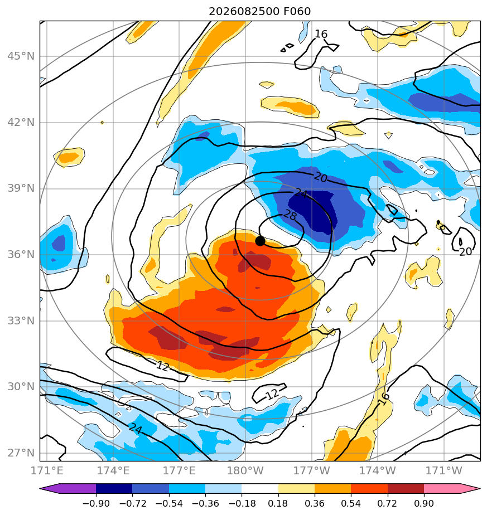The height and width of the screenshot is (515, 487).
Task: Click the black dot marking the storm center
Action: coord(260,241)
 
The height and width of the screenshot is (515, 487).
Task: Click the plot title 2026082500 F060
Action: coord(260,12)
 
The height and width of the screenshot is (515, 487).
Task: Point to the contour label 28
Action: coord(290,216)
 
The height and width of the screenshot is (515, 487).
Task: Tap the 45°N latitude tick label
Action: coord(21,56)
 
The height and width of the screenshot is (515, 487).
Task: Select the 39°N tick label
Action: coord(21,188)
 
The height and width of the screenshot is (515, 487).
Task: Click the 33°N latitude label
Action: coord(21,320)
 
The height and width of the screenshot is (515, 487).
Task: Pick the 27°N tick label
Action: coord(21,453)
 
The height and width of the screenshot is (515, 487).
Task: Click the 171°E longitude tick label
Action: coord(47,470)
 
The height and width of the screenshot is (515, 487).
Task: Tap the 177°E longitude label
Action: coord(179,470)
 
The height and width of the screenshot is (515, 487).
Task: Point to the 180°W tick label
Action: coord(245,470)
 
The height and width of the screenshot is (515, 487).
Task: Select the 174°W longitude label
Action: coord(378,470)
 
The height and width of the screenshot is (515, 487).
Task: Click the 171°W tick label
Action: coord(444,470)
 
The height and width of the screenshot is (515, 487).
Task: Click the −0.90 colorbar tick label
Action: coord(96,503)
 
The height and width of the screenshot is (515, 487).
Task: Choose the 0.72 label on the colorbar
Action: coord(388,503)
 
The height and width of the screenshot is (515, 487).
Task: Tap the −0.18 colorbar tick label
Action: coord(242,503)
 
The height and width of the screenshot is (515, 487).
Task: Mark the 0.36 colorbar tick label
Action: coord(315,503)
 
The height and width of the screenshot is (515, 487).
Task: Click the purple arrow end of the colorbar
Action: coord(68,489)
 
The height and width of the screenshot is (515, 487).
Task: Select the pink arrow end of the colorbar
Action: coord(452,489)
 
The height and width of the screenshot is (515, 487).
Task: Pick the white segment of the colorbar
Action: coord(260,489)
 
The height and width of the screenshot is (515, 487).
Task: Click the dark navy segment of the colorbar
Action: coord(114,489)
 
